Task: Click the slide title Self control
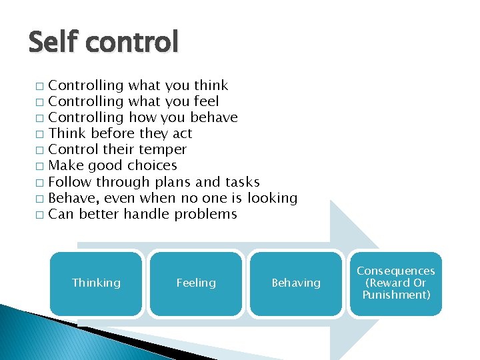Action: click(x=103, y=43)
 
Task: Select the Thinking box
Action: click(x=96, y=283)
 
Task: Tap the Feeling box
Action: click(x=196, y=283)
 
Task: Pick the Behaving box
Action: click(x=296, y=283)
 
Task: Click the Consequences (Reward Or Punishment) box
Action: click(x=395, y=283)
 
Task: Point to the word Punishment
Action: click(x=396, y=295)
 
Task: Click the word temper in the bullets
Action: click(x=165, y=149)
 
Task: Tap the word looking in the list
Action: click(x=272, y=198)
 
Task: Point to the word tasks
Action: click(x=243, y=181)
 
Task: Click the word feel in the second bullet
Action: click(x=206, y=101)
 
